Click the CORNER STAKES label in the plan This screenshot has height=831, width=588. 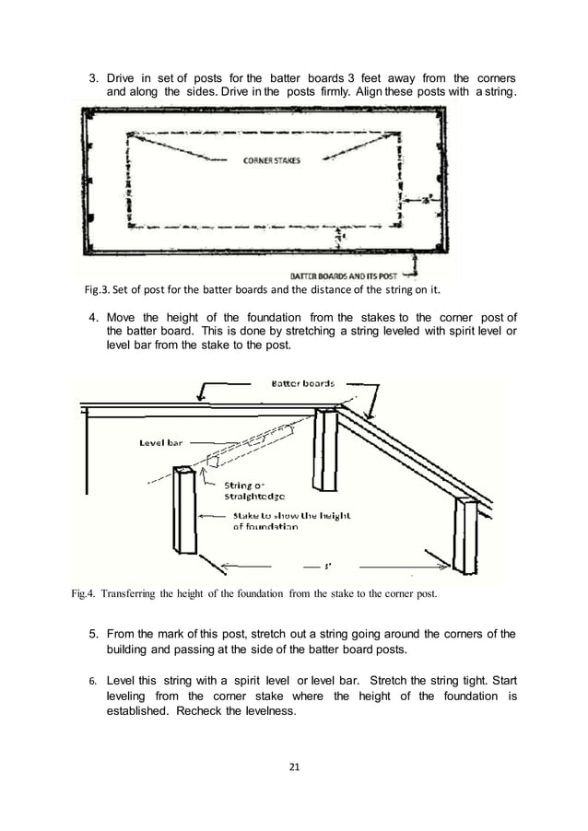tap(271, 160)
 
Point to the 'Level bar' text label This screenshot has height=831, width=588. tap(161, 443)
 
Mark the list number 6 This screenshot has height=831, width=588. tap(93, 681)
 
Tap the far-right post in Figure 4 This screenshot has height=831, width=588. tap(465, 534)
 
